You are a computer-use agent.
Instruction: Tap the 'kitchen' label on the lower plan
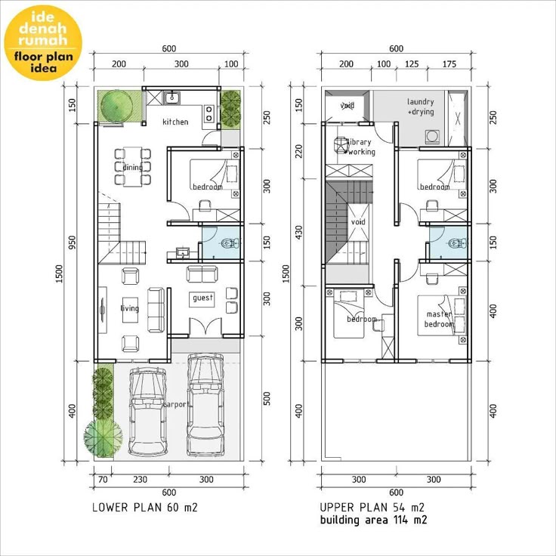(x=175, y=122)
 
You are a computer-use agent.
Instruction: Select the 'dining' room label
(x=132, y=168)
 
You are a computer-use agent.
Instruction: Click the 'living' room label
(x=130, y=308)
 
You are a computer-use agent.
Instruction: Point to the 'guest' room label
(x=203, y=298)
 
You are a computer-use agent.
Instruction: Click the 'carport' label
(x=176, y=404)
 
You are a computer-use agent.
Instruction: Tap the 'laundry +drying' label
(x=421, y=107)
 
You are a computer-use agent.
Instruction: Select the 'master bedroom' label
(x=439, y=319)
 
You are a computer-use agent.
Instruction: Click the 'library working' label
(x=359, y=147)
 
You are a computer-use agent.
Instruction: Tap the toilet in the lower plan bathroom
(x=230, y=242)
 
